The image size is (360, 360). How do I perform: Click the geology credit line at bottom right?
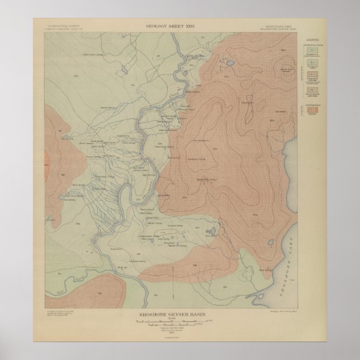pyautogui.click(x=287, y=315)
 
